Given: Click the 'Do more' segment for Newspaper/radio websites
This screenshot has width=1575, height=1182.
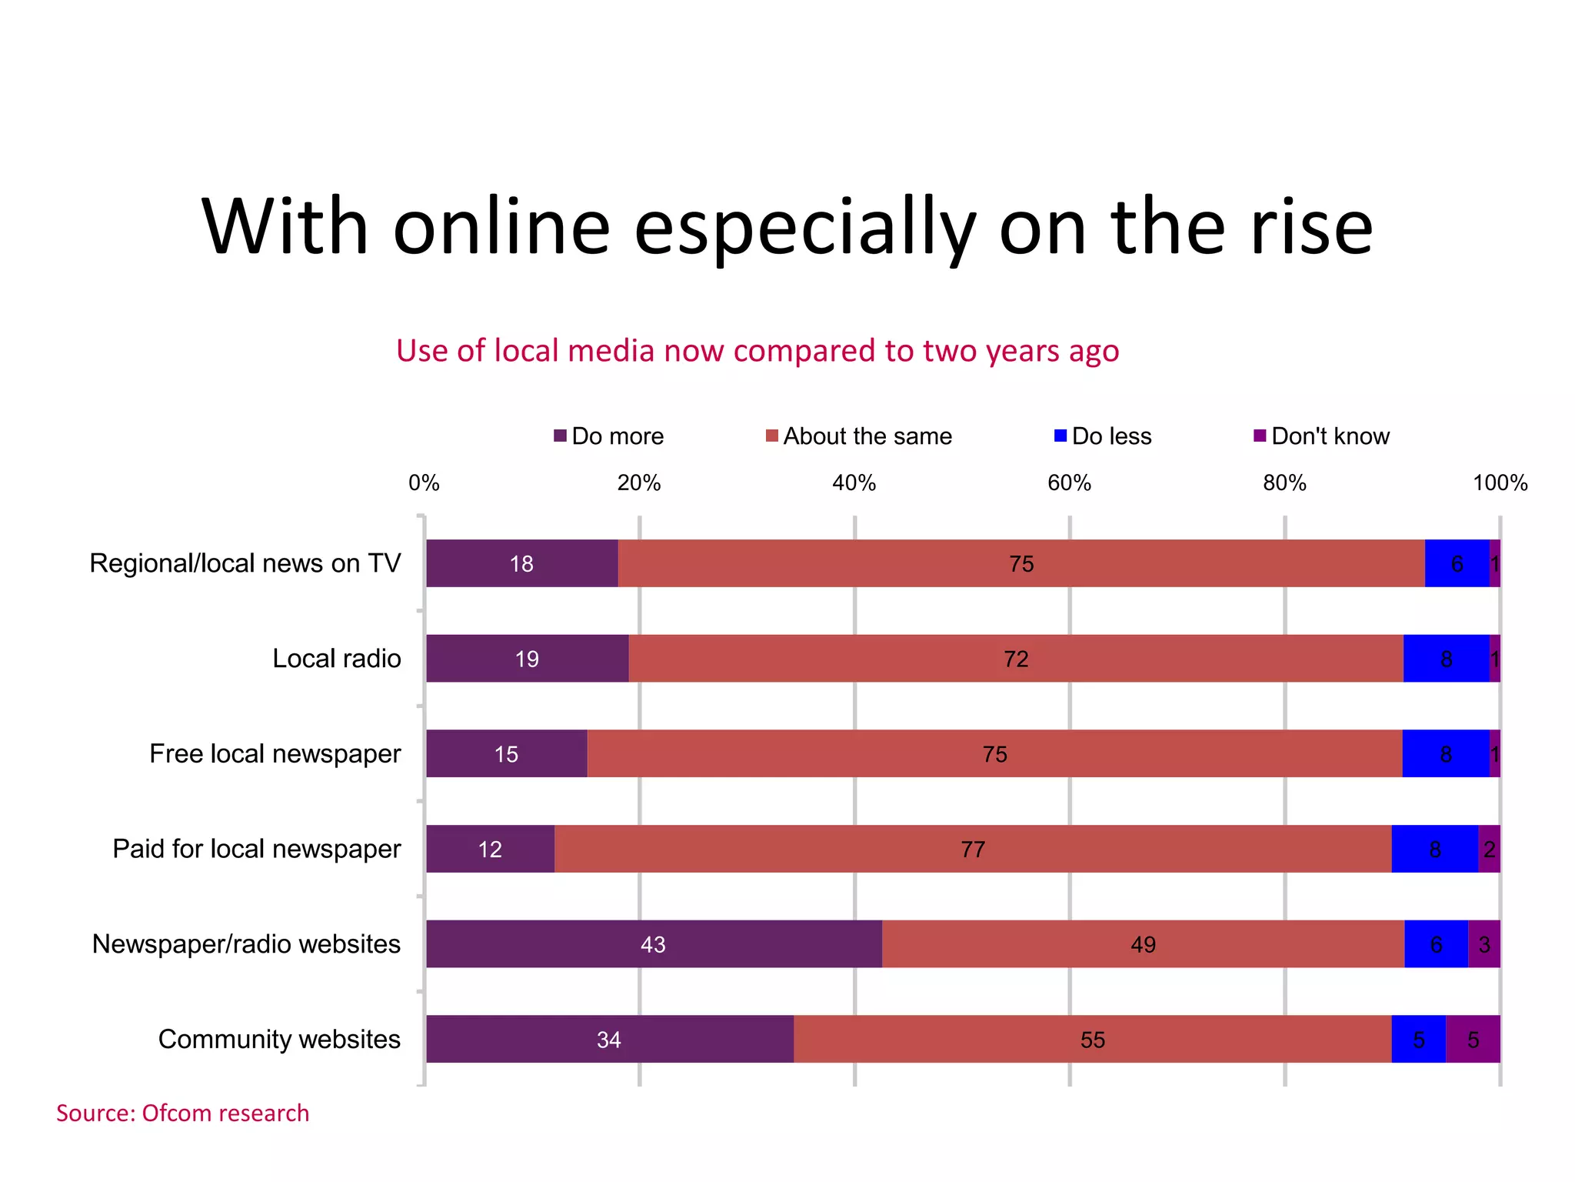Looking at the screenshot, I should coord(654,943).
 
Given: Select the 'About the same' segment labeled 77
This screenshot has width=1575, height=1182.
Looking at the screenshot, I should coord(973,849).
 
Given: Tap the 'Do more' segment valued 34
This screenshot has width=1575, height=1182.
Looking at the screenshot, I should coord(609,1039).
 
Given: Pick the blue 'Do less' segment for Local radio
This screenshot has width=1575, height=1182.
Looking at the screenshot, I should coord(1446,659).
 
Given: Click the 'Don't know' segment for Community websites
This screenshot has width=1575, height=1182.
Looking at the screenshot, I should coord(1473,1039).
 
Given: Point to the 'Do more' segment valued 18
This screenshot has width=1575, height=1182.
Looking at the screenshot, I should coord(521,563).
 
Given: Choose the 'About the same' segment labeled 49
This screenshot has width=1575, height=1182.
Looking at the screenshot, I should coord(1143,943).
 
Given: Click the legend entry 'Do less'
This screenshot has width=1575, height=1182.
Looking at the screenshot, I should coord(1103,436).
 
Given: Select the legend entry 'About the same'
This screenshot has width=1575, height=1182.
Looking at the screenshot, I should coord(859,436).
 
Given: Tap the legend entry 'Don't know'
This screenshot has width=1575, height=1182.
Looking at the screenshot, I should coord(1322,436).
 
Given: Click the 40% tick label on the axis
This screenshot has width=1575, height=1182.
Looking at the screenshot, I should coord(854,483).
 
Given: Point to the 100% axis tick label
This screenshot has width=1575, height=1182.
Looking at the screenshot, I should coord(1499,483).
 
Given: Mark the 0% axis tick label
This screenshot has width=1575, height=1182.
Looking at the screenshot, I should coord(424,483).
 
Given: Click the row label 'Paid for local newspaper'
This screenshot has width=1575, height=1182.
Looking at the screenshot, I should coord(256,849).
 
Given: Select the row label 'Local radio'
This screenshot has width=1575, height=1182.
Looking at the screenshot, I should coord(336,659).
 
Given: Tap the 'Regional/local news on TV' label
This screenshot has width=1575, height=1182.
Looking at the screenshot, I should coord(245,563).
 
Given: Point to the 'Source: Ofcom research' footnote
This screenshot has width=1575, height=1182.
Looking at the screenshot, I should coord(182,1113).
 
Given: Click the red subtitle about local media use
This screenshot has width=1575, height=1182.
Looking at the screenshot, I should coord(757,351).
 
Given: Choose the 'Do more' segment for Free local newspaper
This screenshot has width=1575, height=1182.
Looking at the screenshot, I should coord(506,753).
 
